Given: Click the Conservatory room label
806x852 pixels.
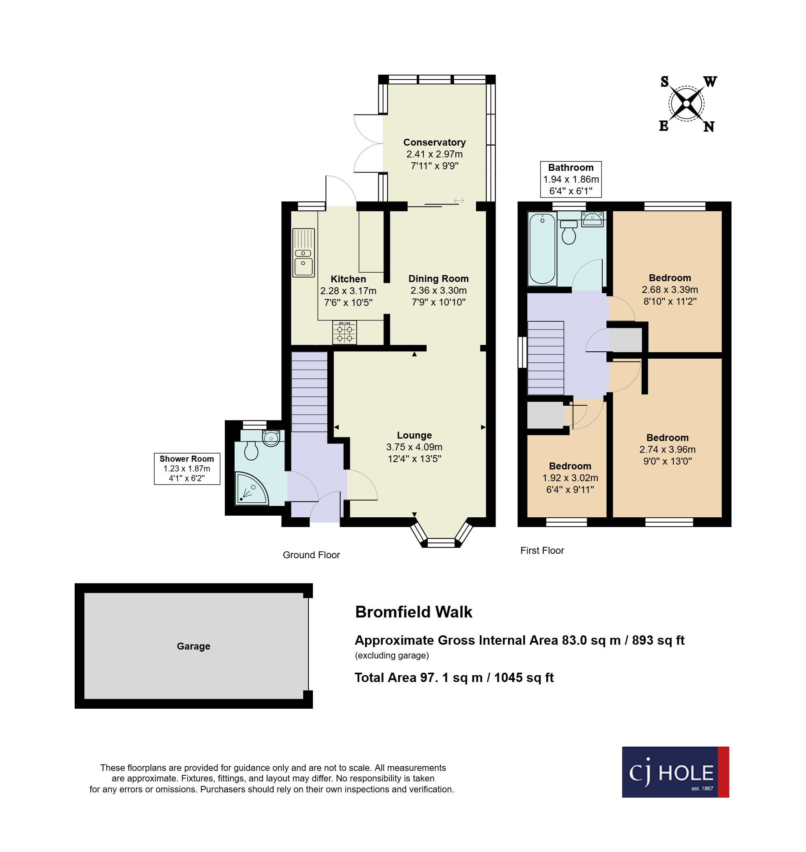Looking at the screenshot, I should (x=434, y=142).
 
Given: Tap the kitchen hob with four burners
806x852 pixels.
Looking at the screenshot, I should (x=345, y=332).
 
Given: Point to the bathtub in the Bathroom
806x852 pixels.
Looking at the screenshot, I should (x=542, y=249).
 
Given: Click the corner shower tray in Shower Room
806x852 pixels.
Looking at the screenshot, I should (x=250, y=489).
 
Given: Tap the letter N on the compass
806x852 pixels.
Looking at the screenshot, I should (x=709, y=127).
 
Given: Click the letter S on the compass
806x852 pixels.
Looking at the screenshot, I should (x=664, y=82).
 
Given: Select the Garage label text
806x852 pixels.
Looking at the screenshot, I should (x=193, y=646).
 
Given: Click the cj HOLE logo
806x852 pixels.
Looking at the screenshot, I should (x=675, y=772).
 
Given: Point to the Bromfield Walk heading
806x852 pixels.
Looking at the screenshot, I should (x=413, y=612).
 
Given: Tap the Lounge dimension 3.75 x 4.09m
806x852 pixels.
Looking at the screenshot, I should (x=414, y=447).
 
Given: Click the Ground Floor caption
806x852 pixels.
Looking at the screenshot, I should (x=311, y=555).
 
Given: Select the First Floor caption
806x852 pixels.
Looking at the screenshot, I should (x=542, y=551).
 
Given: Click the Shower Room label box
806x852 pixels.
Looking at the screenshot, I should (x=187, y=469).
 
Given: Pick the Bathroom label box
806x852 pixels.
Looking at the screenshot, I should (x=571, y=179).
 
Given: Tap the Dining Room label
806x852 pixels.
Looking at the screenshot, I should (x=438, y=279).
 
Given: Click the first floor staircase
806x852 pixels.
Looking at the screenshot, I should (x=545, y=358).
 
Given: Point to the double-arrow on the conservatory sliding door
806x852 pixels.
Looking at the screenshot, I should (x=459, y=200).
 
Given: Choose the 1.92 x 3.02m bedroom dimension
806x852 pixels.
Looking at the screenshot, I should (x=570, y=478).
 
